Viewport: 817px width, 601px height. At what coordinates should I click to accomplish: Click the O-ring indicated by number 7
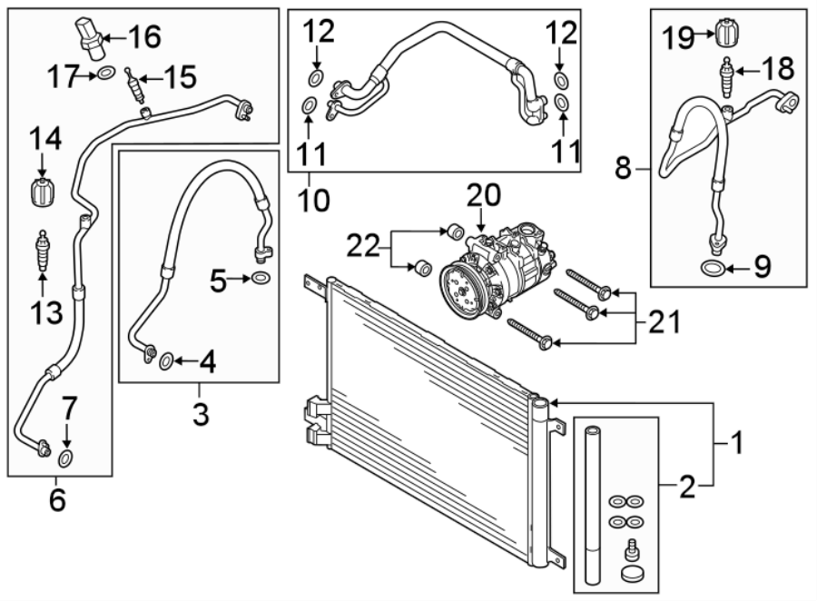(x=66, y=455)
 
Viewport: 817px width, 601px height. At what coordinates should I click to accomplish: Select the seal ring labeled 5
(x=260, y=278)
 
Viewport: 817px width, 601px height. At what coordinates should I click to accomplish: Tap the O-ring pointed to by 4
(x=166, y=363)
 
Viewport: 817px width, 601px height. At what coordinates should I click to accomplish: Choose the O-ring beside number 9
(x=713, y=267)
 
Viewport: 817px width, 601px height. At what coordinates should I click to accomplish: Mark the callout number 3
(x=200, y=415)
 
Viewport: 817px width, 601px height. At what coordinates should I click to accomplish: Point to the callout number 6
(x=57, y=499)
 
